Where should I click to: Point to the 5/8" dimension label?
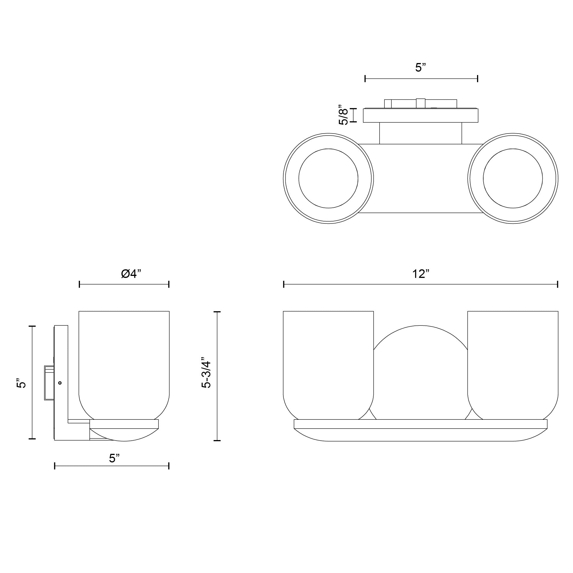(344, 115)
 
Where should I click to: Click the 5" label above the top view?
(421, 68)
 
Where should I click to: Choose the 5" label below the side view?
(114, 458)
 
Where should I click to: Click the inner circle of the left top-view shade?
(328, 178)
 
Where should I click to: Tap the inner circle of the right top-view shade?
(513, 178)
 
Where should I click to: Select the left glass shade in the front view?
(328, 362)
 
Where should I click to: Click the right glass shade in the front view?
(513, 362)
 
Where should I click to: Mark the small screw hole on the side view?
(60, 383)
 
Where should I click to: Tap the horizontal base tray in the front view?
(421, 424)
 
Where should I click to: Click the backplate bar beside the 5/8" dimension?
(421, 116)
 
